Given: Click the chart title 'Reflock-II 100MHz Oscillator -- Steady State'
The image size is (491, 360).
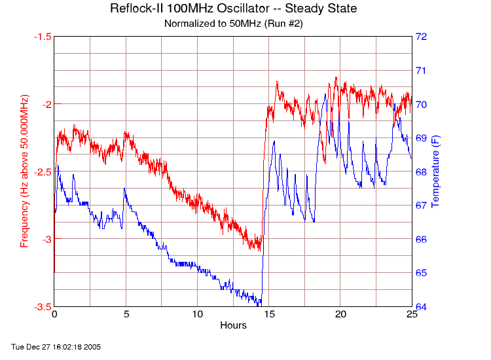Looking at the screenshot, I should [x=233, y=9].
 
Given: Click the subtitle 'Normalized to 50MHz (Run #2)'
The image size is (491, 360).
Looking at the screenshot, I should [x=233, y=24].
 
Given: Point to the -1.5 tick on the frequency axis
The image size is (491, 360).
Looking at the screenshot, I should [x=43, y=37].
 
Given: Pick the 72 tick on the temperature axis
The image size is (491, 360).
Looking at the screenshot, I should [x=422, y=37].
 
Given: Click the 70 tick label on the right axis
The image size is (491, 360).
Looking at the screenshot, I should [x=422, y=104].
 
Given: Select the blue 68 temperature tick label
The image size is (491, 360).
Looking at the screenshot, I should [x=422, y=171].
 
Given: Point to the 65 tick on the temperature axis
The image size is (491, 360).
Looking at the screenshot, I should [x=422, y=272].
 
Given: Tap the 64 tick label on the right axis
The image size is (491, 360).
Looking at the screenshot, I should [x=422, y=306].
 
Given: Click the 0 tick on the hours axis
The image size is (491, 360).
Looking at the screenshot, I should [x=54, y=315].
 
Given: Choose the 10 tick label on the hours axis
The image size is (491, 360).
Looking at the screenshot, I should [x=197, y=315].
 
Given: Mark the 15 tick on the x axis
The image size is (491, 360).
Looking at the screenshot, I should [x=269, y=315].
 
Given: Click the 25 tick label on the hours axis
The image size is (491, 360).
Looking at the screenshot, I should [x=412, y=315].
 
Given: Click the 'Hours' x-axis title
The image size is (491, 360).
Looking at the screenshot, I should [x=233, y=325].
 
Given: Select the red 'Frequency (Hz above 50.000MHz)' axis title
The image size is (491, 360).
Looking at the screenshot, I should [x=25, y=171].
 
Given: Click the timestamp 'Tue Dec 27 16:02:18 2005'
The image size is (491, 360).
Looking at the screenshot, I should [x=56, y=346].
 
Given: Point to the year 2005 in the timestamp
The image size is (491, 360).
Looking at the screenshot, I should [x=93, y=346].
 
